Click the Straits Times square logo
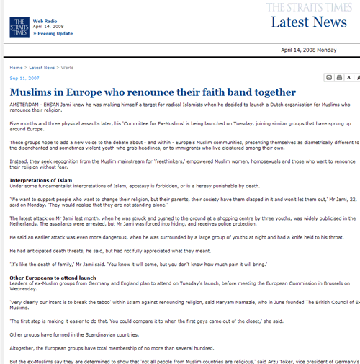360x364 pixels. point(19,27)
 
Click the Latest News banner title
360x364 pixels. point(309,22)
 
